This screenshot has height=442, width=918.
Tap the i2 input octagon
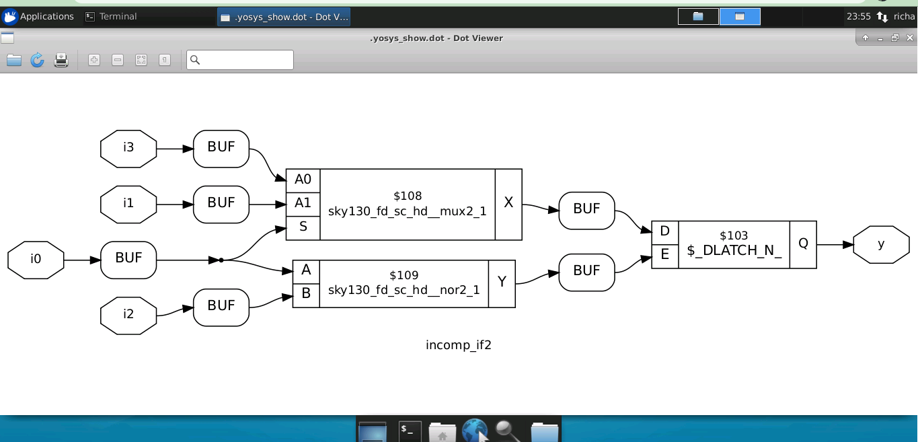coord(128,314)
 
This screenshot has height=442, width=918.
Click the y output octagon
coord(881,244)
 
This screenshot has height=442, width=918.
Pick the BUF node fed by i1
coord(221,204)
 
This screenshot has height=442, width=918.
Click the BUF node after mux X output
coord(586,210)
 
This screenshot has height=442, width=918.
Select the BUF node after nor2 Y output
coord(586,272)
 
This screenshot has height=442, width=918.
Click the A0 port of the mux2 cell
coord(303,180)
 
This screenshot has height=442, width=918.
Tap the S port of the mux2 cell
coord(303,227)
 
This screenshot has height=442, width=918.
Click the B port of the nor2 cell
coord(306,294)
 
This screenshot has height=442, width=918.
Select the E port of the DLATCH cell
coord(664,256)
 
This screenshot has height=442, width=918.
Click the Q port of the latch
coord(803,244)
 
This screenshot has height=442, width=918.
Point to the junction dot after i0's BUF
coord(221,260)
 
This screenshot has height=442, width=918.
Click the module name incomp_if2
coord(459,345)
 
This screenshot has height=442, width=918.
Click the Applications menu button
coord(38,16)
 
